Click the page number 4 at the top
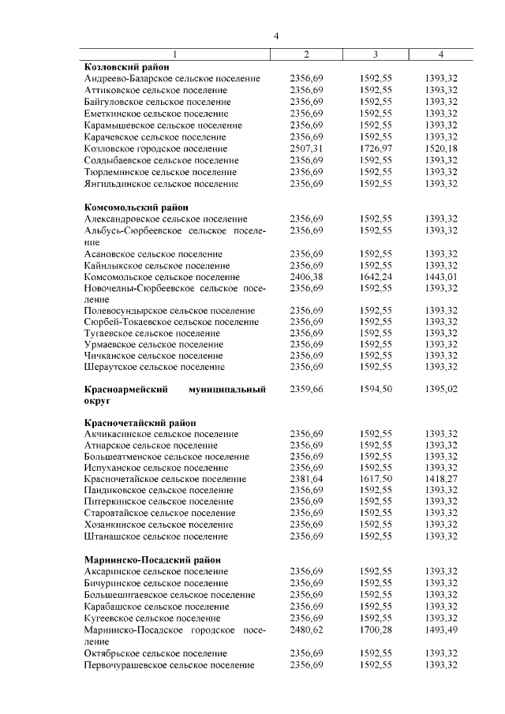point(276,36)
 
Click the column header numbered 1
point(175,54)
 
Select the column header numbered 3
point(375,54)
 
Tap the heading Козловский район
point(126,68)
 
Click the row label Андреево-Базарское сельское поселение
point(172,79)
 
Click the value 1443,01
point(441,277)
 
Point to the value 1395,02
point(441,390)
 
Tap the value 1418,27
point(441,479)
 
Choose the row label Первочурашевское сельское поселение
point(170,665)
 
